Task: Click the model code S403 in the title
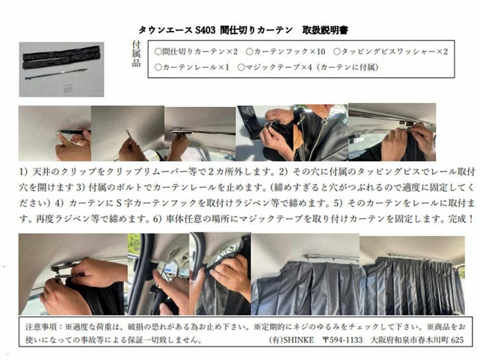click(x=205, y=30)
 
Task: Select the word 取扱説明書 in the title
click(x=325, y=30)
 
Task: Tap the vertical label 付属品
click(x=136, y=53)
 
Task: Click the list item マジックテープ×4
click(x=275, y=67)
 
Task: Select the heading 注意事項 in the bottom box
click(x=41, y=326)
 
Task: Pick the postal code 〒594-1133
click(x=343, y=340)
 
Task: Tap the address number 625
click(x=457, y=340)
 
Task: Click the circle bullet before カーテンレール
click(x=158, y=67)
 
